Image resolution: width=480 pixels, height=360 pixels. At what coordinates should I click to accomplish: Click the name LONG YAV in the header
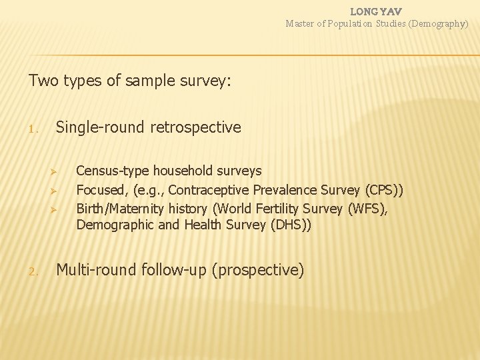click(376, 11)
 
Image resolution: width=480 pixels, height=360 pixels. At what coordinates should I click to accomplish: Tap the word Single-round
click(101, 127)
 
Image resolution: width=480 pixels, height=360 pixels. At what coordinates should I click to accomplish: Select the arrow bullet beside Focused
click(58, 191)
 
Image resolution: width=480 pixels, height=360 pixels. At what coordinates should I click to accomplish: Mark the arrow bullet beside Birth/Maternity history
click(58, 209)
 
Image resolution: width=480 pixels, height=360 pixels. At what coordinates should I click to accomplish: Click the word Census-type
click(111, 171)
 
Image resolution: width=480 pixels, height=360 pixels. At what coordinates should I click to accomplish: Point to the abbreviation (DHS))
click(290, 225)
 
